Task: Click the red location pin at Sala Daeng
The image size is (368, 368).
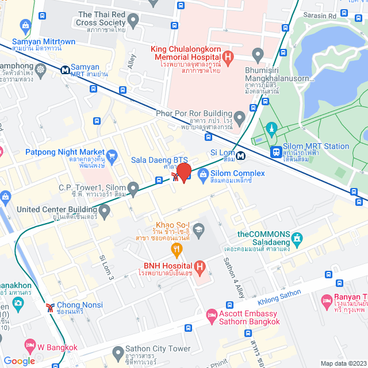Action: (x=183, y=172)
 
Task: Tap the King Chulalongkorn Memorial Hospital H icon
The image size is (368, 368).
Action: (x=228, y=57)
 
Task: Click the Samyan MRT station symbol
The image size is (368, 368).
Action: (x=66, y=70)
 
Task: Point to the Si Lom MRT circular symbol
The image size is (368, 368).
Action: (x=241, y=154)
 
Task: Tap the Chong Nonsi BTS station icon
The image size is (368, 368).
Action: (x=51, y=306)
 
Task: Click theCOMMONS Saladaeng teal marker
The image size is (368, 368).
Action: (x=297, y=237)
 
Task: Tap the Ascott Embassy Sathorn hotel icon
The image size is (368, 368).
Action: (x=212, y=316)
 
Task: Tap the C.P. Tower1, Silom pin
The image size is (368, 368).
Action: (x=133, y=187)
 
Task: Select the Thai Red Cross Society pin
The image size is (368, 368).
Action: (x=134, y=21)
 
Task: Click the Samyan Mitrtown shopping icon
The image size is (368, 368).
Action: (x=25, y=26)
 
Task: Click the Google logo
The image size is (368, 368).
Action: (x=19, y=361)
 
